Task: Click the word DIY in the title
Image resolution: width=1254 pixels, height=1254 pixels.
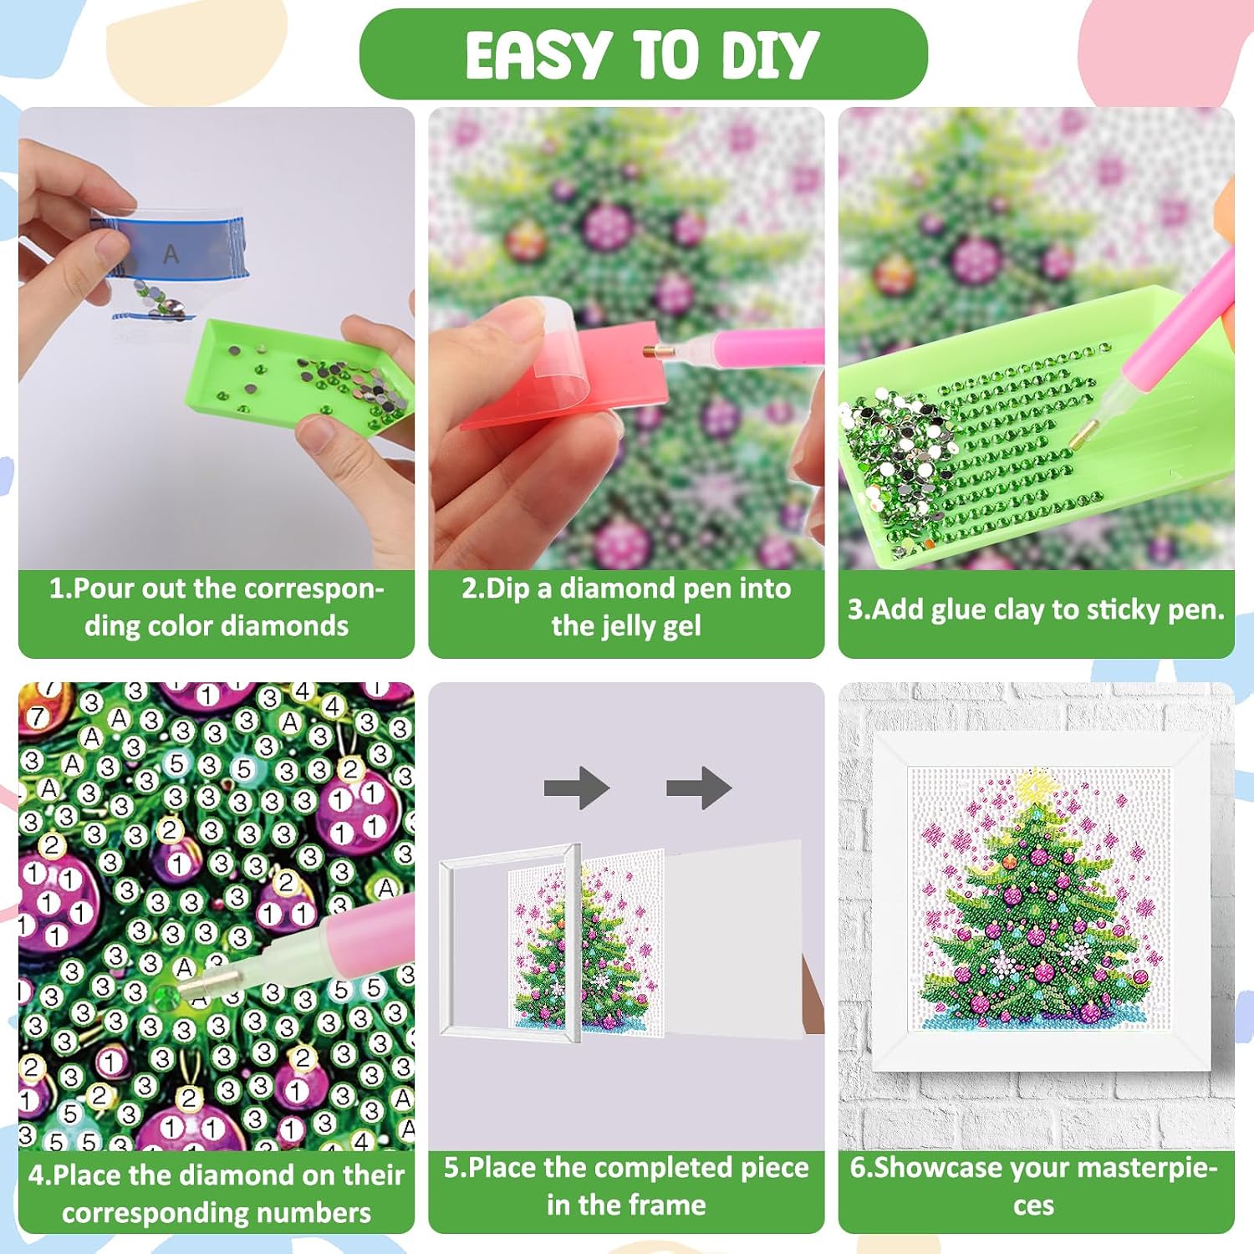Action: [769, 55]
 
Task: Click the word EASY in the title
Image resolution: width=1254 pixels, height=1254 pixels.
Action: [536, 55]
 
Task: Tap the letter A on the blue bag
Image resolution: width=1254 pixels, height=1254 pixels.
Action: [171, 254]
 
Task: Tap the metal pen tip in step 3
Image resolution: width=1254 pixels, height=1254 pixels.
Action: [1083, 433]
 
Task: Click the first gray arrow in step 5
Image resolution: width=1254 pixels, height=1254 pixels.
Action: [577, 788]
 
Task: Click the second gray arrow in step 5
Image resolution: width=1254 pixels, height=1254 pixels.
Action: [699, 788]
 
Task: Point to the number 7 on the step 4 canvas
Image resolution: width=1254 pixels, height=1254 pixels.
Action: [37, 716]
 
